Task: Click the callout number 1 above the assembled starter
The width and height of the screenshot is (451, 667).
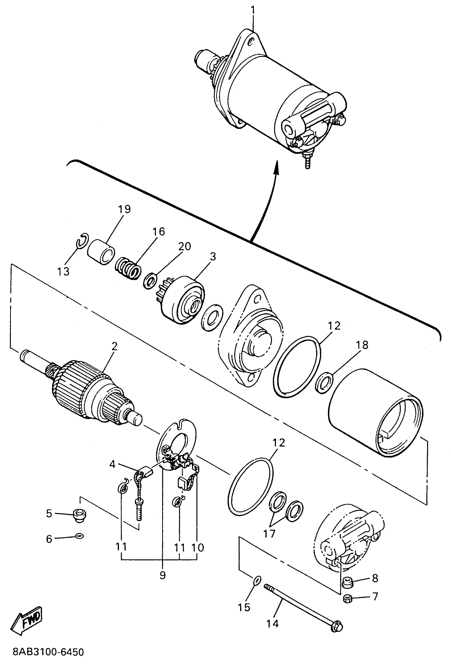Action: pyautogui.click(x=253, y=10)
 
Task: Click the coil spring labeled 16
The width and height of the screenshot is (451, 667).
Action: pyautogui.click(x=128, y=268)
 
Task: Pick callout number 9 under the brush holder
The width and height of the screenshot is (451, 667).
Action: pyautogui.click(x=162, y=575)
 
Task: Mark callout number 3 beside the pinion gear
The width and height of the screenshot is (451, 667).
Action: pyautogui.click(x=213, y=256)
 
